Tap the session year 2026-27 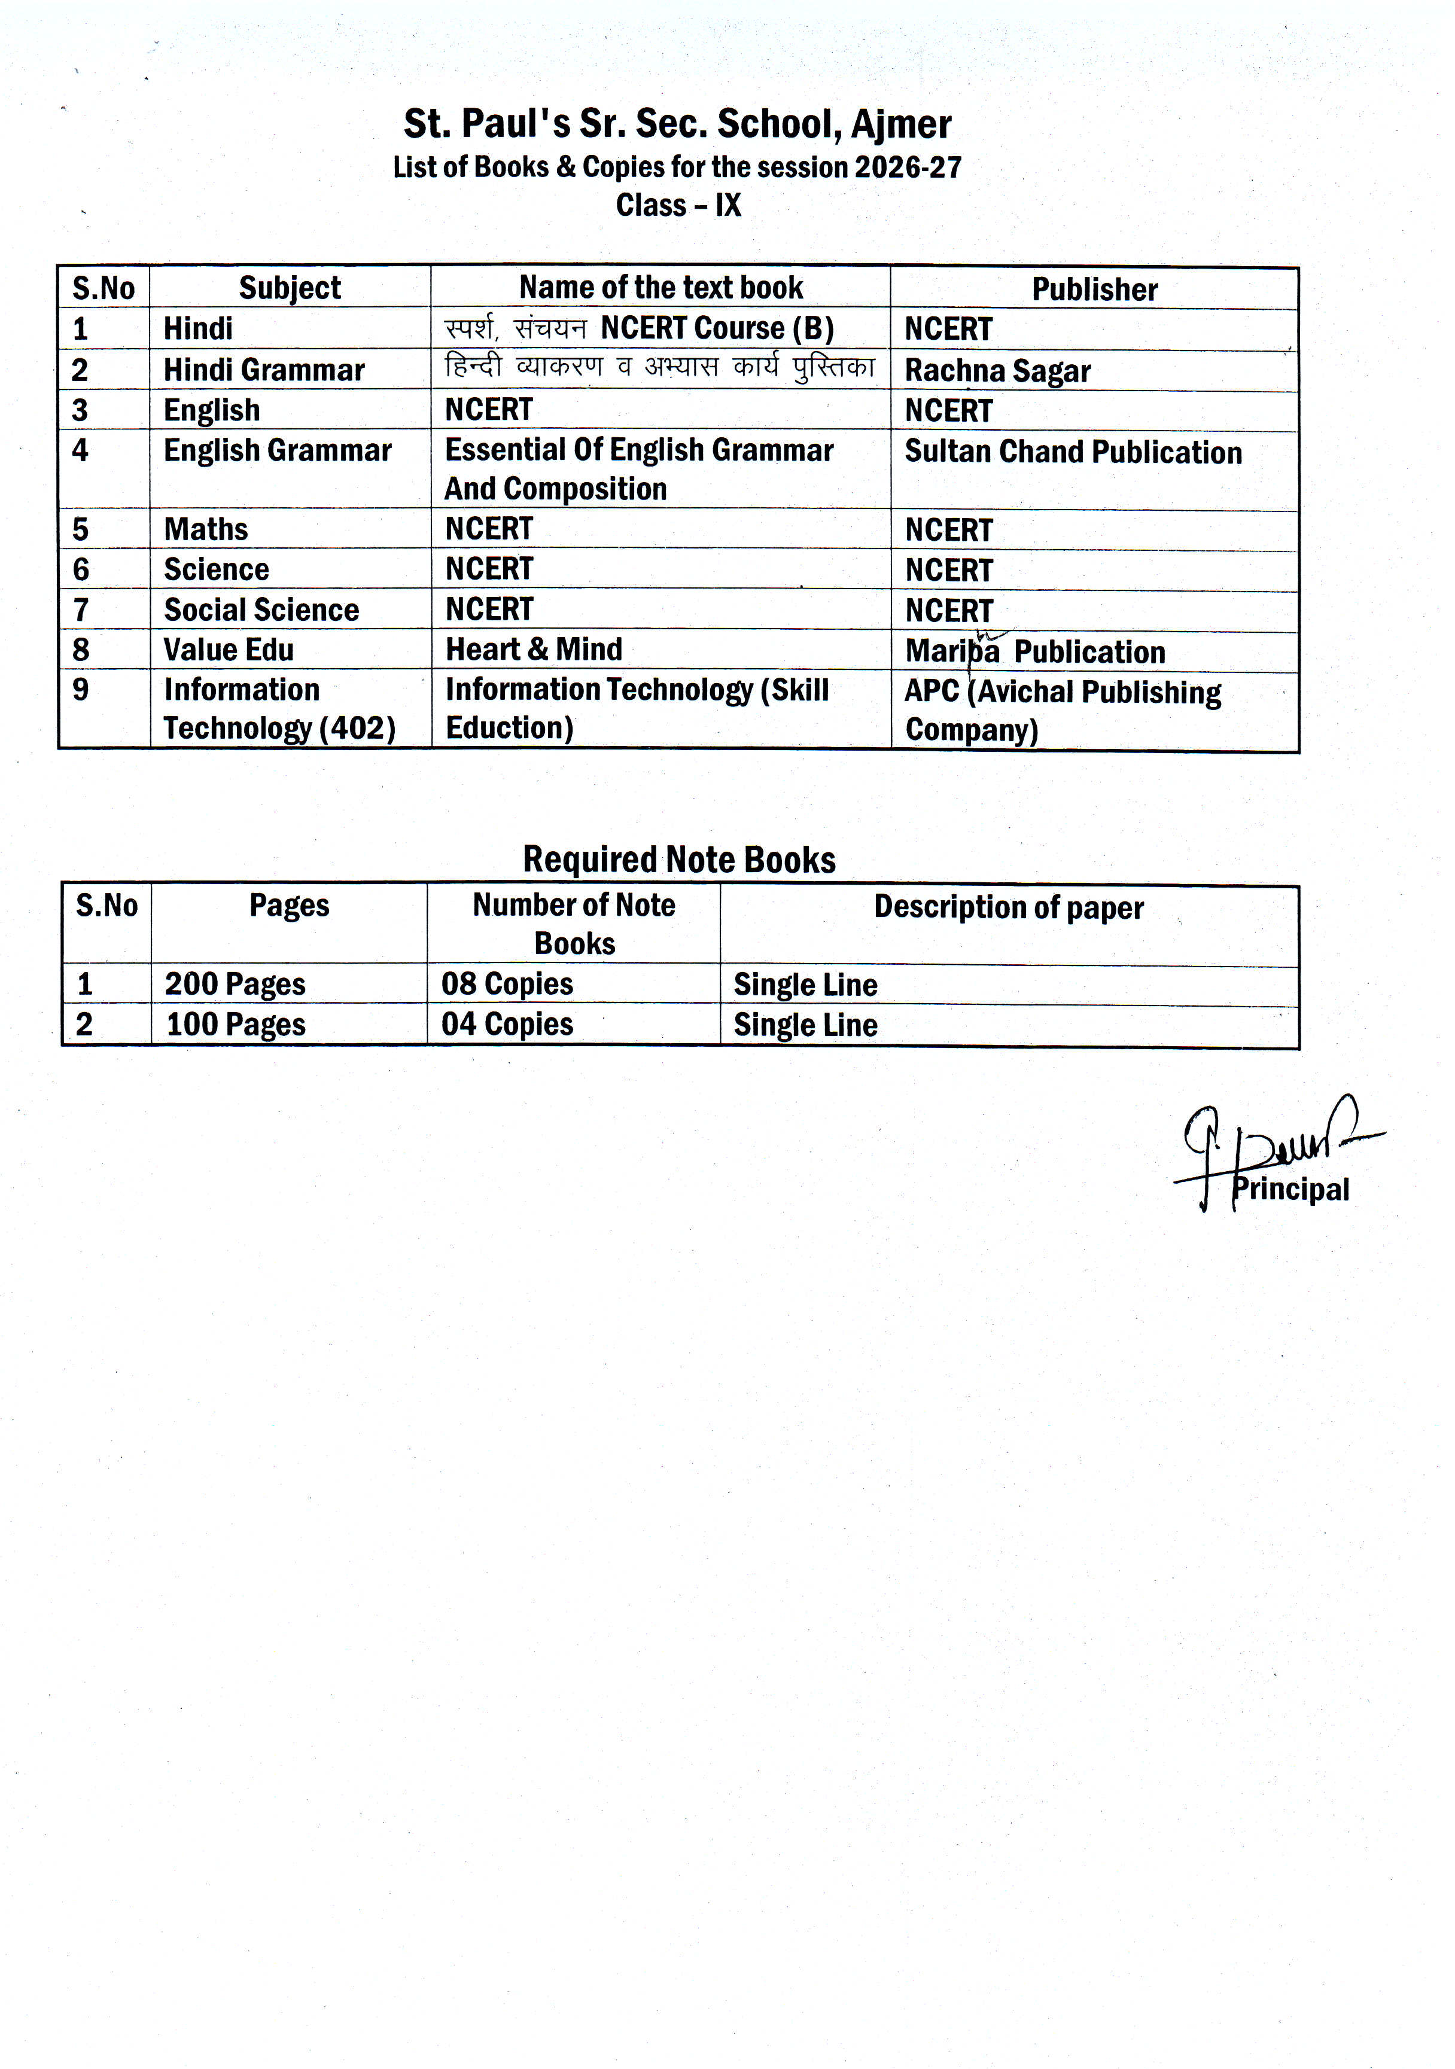coord(908,167)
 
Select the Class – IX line coord(678,205)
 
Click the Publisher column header coord(1094,290)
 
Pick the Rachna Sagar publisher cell coord(997,370)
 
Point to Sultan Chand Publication coord(1073,452)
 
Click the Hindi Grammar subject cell coord(263,370)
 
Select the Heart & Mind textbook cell coord(534,649)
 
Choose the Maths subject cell coord(206,529)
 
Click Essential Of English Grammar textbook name coord(638,450)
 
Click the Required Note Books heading coord(679,860)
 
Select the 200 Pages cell coord(235,984)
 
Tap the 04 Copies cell coord(507,1025)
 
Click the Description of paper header coord(1008,907)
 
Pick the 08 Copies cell coord(507,984)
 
